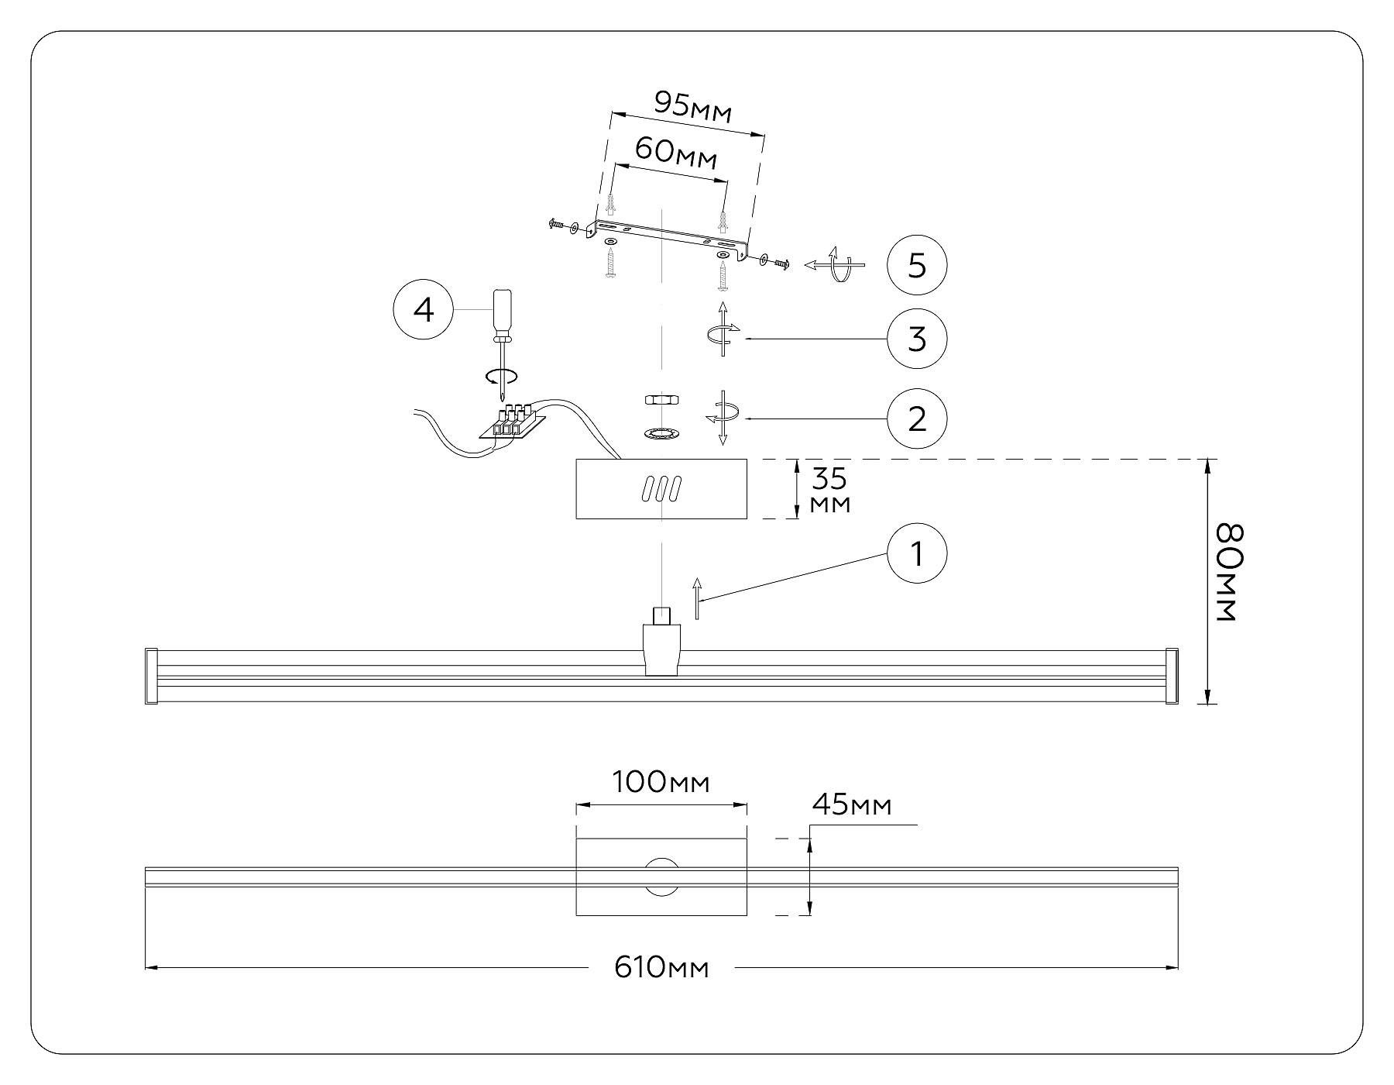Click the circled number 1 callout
click(x=917, y=554)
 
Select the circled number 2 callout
click(x=917, y=418)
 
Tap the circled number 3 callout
click(x=917, y=339)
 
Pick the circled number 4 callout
click(x=424, y=310)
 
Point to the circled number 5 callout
click(x=917, y=266)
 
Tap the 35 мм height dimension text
click(x=830, y=491)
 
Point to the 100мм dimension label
click(x=661, y=783)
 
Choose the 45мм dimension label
click(x=852, y=806)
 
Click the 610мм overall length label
click(x=661, y=967)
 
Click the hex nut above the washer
click(x=661, y=400)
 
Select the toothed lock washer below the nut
click(x=661, y=432)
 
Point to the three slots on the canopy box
click(x=661, y=489)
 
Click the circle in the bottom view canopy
click(x=661, y=877)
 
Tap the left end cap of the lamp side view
click(x=152, y=676)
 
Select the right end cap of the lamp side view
click(x=1172, y=676)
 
